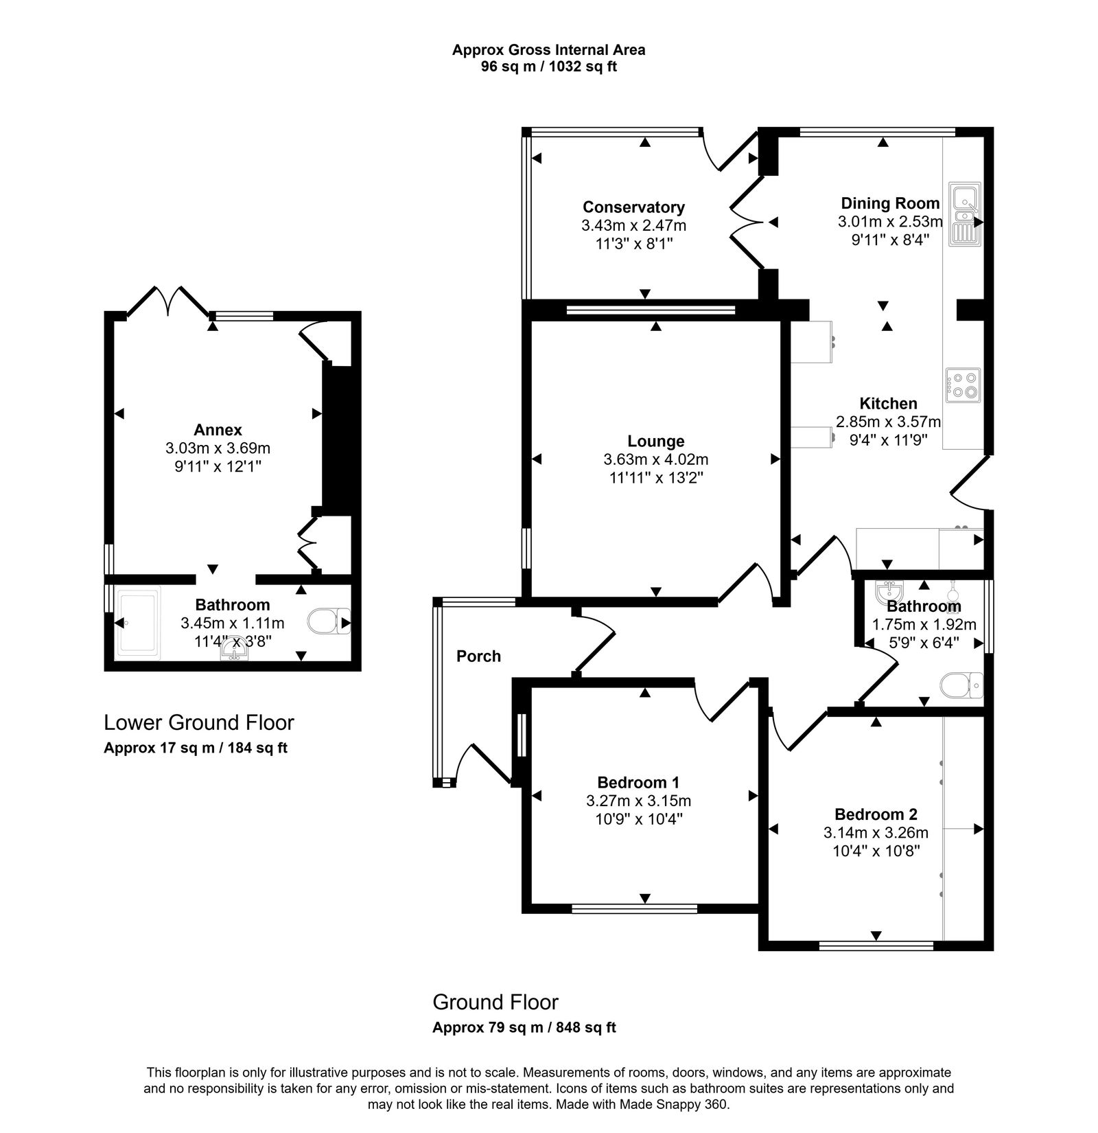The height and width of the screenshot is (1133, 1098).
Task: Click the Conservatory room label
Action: [633, 207]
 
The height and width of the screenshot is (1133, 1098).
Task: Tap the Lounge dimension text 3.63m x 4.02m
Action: [655, 459]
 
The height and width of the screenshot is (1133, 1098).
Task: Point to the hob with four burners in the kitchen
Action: [963, 385]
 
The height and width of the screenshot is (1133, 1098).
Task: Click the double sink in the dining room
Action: [965, 214]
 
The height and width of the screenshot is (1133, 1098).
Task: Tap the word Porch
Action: [478, 656]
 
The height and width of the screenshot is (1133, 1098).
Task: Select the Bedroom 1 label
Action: [638, 782]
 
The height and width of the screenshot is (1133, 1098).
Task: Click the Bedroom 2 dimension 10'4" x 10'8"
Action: [876, 851]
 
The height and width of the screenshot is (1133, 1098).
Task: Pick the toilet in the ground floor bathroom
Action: [961, 685]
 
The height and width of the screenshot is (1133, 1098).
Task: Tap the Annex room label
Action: [218, 430]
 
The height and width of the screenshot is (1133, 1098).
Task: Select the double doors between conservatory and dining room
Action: [748, 222]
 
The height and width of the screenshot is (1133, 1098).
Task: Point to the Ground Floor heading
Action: [495, 1002]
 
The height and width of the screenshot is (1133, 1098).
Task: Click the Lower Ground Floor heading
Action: [198, 722]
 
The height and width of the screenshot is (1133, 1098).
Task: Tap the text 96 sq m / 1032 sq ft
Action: [548, 67]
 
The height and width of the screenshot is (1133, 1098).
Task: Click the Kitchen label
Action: [888, 403]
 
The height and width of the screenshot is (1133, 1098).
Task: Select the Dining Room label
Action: [890, 203]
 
